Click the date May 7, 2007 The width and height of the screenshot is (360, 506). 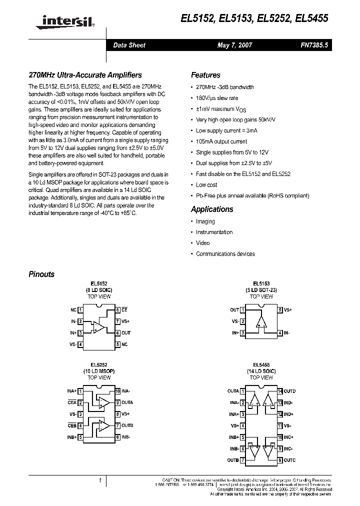[x=234, y=45]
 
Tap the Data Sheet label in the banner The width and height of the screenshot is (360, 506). [x=129, y=45]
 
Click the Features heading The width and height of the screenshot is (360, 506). [x=205, y=75]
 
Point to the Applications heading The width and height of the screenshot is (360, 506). [x=212, y=209]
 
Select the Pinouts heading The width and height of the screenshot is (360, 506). [x=41, y=274]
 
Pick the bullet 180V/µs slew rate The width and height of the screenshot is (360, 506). [x=217, y=98]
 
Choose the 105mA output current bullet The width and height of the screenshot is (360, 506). [x=221, y=141]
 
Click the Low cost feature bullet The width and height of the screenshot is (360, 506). [x=206, y=185]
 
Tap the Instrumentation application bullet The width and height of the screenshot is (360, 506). [x=214, y=232]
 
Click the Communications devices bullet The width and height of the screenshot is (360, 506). [x=225, y=254]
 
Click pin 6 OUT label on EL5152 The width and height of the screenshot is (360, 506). [x=125, y=332]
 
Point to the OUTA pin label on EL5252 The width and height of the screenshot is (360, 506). [x=127, y=402]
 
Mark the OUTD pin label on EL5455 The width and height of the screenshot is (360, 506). [x=289, y=391]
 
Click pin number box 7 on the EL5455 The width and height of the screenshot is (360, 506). [x=242, y=460]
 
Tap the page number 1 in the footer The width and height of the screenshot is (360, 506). [x=100, y=480]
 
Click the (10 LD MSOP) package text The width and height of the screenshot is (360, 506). [x=99, y=371]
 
